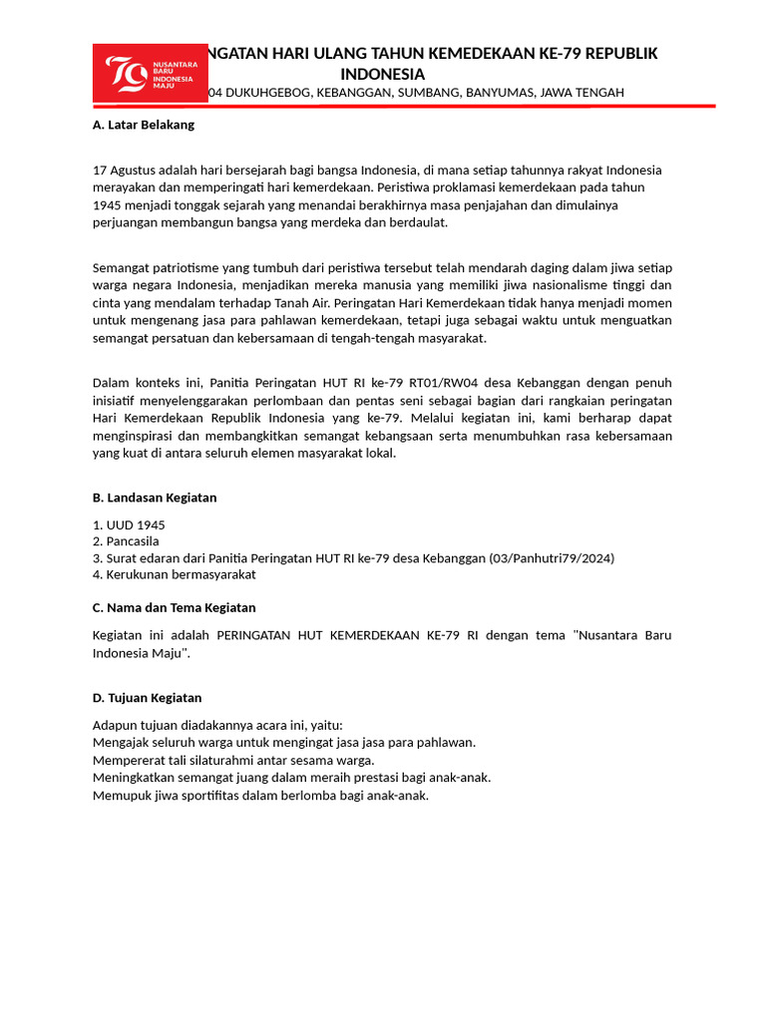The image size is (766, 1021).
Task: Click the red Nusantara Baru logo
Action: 151,73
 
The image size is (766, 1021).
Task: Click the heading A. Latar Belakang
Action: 143,125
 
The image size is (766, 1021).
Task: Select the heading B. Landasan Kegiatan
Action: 154,497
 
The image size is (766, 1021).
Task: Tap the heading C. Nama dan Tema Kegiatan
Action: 174,607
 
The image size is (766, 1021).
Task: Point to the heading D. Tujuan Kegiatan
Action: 147,698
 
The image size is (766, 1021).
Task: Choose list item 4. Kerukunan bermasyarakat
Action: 174,574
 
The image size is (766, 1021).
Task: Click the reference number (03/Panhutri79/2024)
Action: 552,558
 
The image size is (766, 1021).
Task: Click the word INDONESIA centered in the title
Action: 382,75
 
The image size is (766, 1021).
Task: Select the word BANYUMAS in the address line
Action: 494,93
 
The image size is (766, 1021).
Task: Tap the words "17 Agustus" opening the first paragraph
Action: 126,170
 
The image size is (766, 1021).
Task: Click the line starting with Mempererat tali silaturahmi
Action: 233,760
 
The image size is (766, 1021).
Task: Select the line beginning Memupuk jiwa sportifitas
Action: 260,796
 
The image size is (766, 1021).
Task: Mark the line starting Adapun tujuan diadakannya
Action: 216,725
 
